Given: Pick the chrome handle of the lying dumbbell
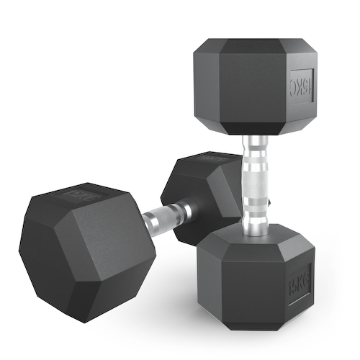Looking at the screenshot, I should [170, 215].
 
